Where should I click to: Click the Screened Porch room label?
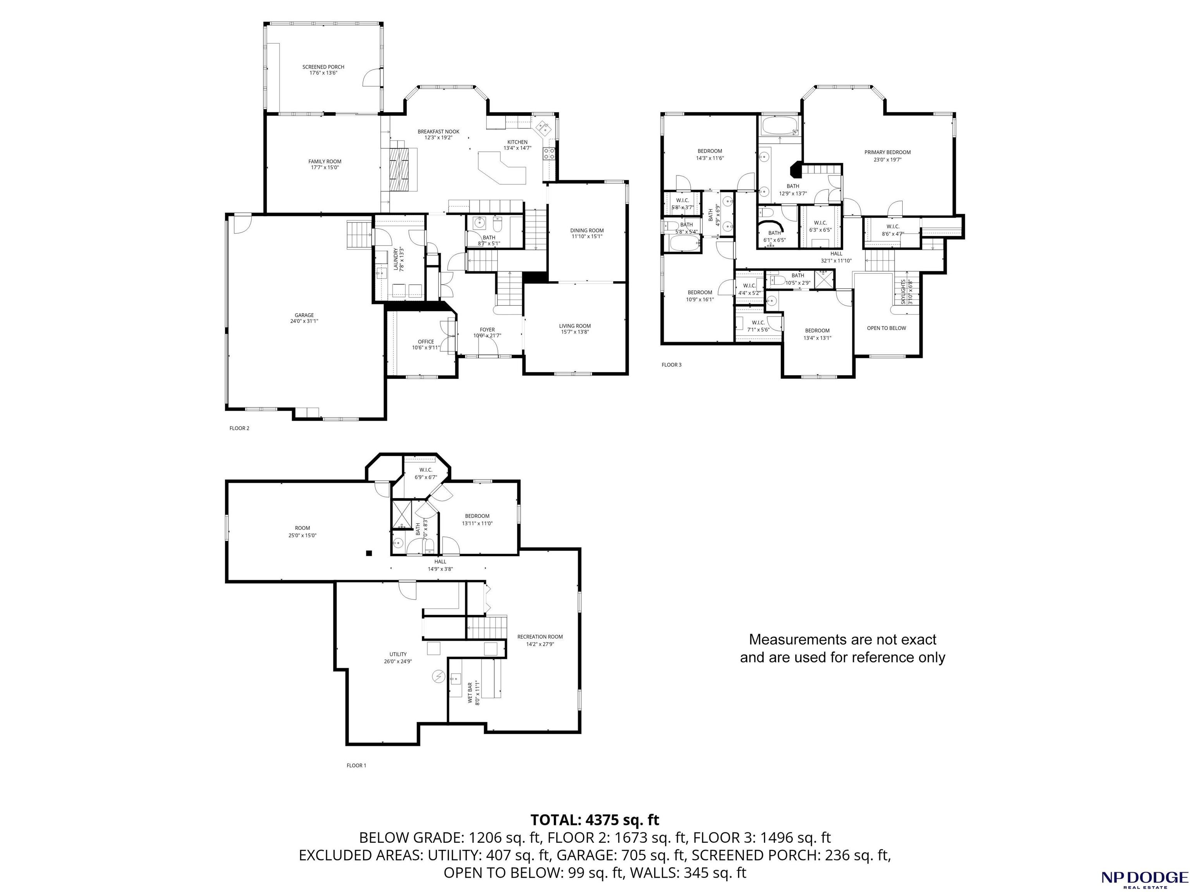click(x=323, y=70)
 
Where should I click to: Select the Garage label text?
click(x=304, y=318)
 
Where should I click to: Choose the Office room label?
click(x=426, y=345)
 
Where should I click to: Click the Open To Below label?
click(x=886, y=328)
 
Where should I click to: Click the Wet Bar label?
click(x=473, y=693)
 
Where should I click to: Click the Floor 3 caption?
click(x=671, y=365)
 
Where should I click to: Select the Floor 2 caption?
click(x=239, y=428)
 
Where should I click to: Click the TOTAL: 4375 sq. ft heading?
click(x=595, y=820)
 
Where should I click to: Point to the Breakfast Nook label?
click(x=439, y=134)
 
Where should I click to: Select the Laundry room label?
click(x=399, y=259)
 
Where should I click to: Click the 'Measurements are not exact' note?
click(x=843, y=648)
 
